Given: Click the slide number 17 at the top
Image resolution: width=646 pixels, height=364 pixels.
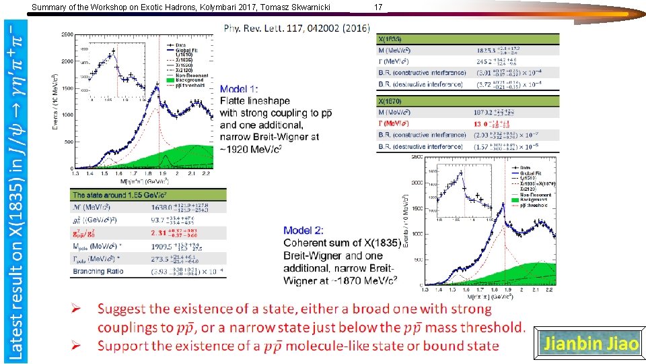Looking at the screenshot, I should pos(378,7).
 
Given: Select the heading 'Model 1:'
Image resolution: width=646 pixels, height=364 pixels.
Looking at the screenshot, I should pos(238,89).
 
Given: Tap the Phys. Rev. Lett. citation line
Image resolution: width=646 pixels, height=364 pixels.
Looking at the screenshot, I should pos(297,28).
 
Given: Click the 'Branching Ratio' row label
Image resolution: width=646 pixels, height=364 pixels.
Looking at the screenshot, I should pos(98,271).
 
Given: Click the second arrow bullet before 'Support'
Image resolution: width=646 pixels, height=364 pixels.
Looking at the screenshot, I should pos(77,346).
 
